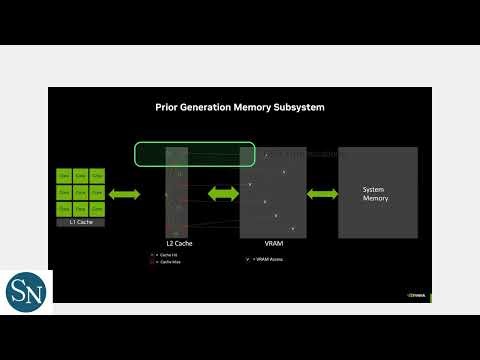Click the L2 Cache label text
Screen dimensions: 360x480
pos(180,242)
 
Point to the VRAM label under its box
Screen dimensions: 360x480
pos(272,242)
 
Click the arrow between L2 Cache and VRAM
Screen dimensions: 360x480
pos(221,193)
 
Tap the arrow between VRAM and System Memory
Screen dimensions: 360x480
pos(322,193)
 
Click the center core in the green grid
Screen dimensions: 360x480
pos(81,191)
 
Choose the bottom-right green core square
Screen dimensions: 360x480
pos(97,206)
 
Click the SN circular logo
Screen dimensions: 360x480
pos(26,296)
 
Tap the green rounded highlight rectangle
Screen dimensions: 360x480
pos(195,154)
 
